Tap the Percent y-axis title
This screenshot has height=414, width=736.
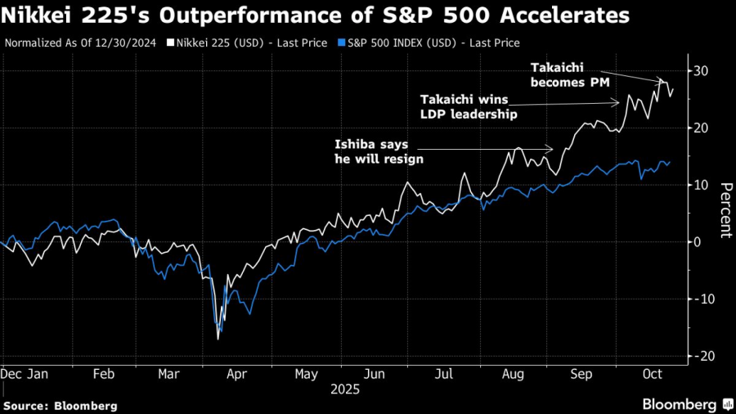[x=725, y=209]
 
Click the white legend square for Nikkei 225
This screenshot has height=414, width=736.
[x=170, y=42]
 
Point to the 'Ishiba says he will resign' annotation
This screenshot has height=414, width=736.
[x=379, y=151]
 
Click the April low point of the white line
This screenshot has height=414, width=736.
[x=218, y=338]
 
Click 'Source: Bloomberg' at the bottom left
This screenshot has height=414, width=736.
[x=61, y=406]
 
